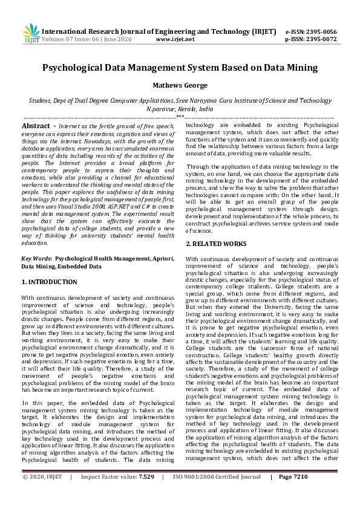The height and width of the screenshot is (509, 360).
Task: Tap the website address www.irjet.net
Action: [175, 39]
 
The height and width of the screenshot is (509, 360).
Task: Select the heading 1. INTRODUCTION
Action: [49, 282]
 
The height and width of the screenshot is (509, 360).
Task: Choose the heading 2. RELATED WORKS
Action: [215, 244]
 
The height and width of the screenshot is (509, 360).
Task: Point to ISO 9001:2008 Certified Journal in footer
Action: [217, 493]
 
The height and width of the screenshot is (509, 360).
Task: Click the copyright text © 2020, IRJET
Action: [42, 493]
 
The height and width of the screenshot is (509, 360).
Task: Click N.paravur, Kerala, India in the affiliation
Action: [180, 109]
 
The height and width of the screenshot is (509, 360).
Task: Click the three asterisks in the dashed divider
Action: [179, 117]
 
